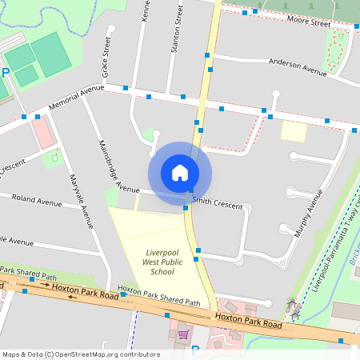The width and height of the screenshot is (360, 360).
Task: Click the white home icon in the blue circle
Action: (179, 172)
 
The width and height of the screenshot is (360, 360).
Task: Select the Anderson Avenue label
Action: (298, 66)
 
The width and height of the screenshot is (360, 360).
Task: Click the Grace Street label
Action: (105, 61)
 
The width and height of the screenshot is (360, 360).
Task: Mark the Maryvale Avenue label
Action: (81, 201)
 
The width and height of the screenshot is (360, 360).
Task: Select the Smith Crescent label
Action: (217, 206)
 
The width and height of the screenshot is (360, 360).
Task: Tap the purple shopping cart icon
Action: (183, 334)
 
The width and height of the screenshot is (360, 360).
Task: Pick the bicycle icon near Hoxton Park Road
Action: (292, 305)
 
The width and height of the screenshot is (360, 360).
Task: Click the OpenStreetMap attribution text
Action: (81, 354)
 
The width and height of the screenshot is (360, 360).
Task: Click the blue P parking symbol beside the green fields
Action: (6, 73)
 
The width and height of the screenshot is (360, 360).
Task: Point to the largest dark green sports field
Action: (51, 54)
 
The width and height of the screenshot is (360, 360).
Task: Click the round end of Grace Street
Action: (112, 30)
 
